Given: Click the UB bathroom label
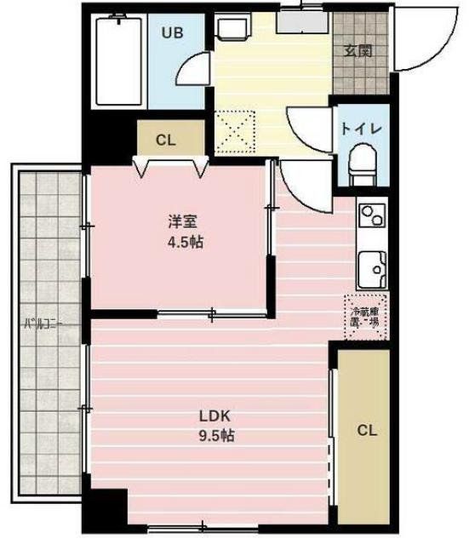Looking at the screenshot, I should point(173,33).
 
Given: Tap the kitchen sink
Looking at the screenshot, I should point(372,270).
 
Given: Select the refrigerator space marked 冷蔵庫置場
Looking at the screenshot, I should point(365,316).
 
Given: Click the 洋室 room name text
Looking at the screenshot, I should point(182,222).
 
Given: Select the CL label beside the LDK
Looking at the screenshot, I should point(365,430).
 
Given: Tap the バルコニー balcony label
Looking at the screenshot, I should point(44,324).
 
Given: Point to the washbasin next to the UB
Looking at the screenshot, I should point(229,29).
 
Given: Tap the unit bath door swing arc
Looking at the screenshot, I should point(194,71).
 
